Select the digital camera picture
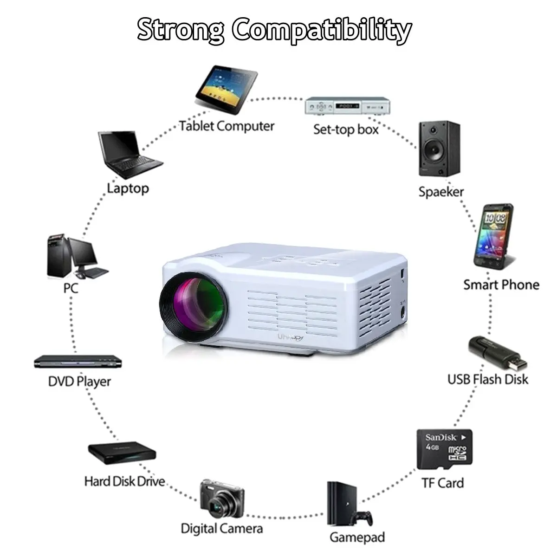click(222, 499)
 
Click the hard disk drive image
click(122, 453)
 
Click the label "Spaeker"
click(441, 192)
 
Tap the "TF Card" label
click(442, 483)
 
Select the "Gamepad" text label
click(357, 538)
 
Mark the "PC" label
click(71, 288)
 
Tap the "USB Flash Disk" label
click(487, 379)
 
